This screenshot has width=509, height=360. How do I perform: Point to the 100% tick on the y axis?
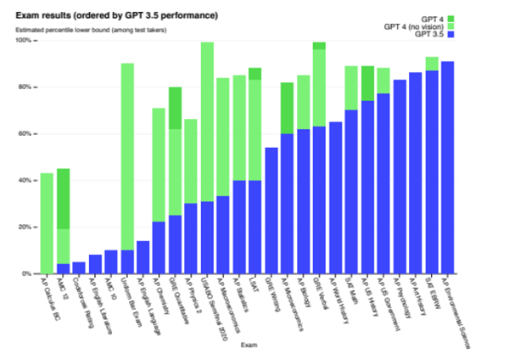pyautogui.click(x=23, y=41)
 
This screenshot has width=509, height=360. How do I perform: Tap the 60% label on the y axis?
pyautogui.click(x=25, y=134)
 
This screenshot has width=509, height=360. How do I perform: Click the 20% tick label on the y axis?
pyautogui.click(x=25, y=228)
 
